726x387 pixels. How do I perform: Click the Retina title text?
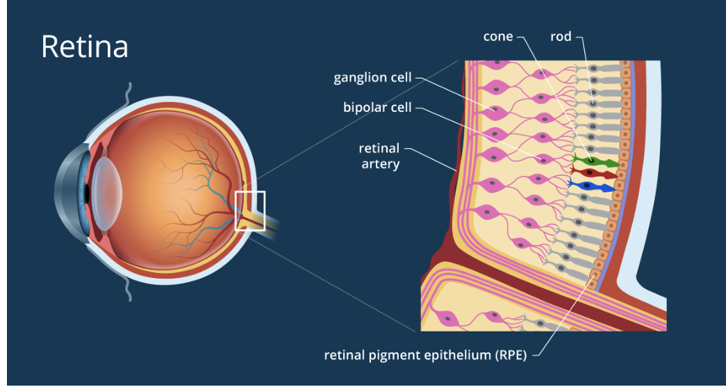click(84, 47)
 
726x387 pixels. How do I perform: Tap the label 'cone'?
click(498, 36)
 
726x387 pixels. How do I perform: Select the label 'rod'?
click(560, 36)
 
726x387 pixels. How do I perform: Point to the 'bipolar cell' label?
click(377, 108)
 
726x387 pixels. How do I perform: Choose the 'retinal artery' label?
click(379, 156)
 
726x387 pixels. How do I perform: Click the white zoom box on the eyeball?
click(250, 210)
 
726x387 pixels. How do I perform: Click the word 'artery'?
click(379, 165)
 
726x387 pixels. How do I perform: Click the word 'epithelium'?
click(458, 356)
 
